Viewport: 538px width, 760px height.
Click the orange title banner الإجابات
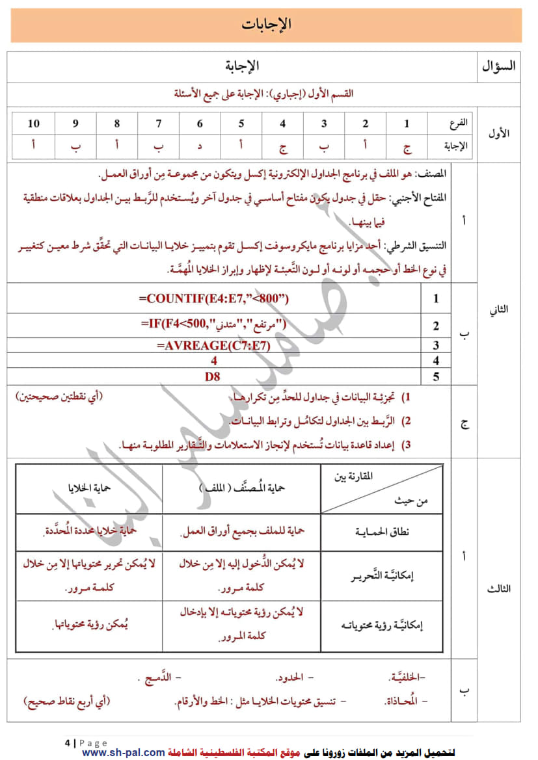(266, 25)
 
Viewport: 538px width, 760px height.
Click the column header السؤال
(499, 66)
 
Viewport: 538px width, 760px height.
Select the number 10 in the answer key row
(34, 124)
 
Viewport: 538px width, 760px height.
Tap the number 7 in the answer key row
(159, 124)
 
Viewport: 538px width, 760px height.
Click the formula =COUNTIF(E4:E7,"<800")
(213, 299)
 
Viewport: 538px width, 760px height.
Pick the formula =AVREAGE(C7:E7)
(213, 345)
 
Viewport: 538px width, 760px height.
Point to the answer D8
(213, 376)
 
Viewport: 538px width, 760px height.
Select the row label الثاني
(498, 310)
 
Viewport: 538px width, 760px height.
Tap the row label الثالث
(498, 588)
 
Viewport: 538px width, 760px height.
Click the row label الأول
(498, 134)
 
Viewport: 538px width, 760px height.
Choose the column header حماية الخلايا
(88, 487)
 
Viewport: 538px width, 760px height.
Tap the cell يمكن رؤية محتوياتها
(89, 625)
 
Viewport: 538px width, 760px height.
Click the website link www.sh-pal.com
(124, 752)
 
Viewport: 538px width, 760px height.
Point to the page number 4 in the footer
(67, 742)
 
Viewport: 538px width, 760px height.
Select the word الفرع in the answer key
(459, 123)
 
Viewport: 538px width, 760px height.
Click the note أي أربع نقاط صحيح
(67, 701)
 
